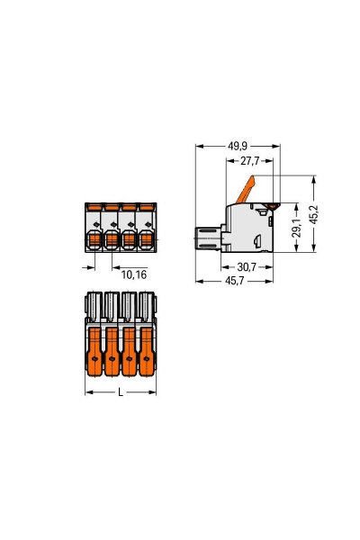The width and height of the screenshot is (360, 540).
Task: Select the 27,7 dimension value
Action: click(249, 161)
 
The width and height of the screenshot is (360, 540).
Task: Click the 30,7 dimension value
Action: click(247, 266)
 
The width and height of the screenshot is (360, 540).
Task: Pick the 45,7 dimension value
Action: click(235, 282)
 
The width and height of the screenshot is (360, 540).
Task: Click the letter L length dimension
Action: click(121, 393)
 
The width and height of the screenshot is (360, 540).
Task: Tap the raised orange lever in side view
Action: click(248, 191)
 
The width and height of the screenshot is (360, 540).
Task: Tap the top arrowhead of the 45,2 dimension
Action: click(314, 178)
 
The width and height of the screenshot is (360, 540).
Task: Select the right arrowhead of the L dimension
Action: click(154, 393)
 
